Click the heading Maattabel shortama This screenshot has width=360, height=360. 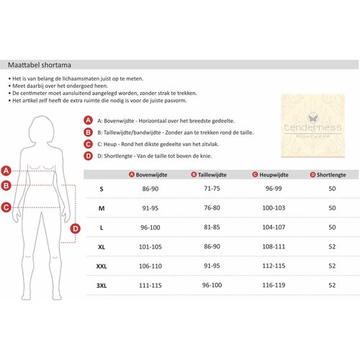click(40, 65)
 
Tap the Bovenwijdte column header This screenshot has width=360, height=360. click(148, 175)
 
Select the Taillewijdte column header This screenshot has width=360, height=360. click(209, 175)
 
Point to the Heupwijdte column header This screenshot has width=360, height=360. click(271, 175)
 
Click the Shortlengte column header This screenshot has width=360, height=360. click(328, 175)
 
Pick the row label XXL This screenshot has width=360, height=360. click(102, 266)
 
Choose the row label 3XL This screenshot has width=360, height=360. click(102, 286)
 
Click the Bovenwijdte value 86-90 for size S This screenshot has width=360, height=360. click(150, 189)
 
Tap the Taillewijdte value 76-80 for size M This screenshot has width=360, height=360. click(212, 208)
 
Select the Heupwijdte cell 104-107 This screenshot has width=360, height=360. click(274, 227)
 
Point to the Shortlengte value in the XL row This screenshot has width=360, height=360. click(332, 246)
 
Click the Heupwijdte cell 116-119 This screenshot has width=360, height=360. click(274, 285)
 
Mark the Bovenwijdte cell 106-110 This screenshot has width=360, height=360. click(150, 266)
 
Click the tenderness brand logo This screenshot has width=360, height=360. click(313, 126)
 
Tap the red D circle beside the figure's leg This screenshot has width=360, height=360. click(76, 228)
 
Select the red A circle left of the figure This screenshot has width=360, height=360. click(6, 171)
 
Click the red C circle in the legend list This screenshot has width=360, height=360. click(88, 144)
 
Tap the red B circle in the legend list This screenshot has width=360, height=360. click(88, 132)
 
